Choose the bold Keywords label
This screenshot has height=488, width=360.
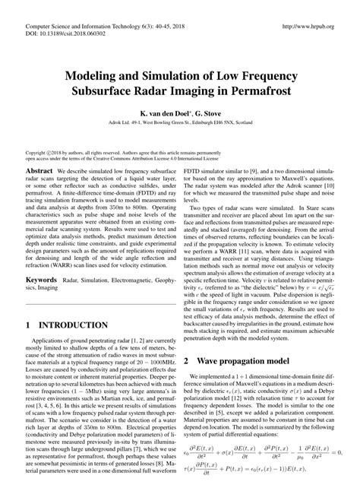click(42, 259)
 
